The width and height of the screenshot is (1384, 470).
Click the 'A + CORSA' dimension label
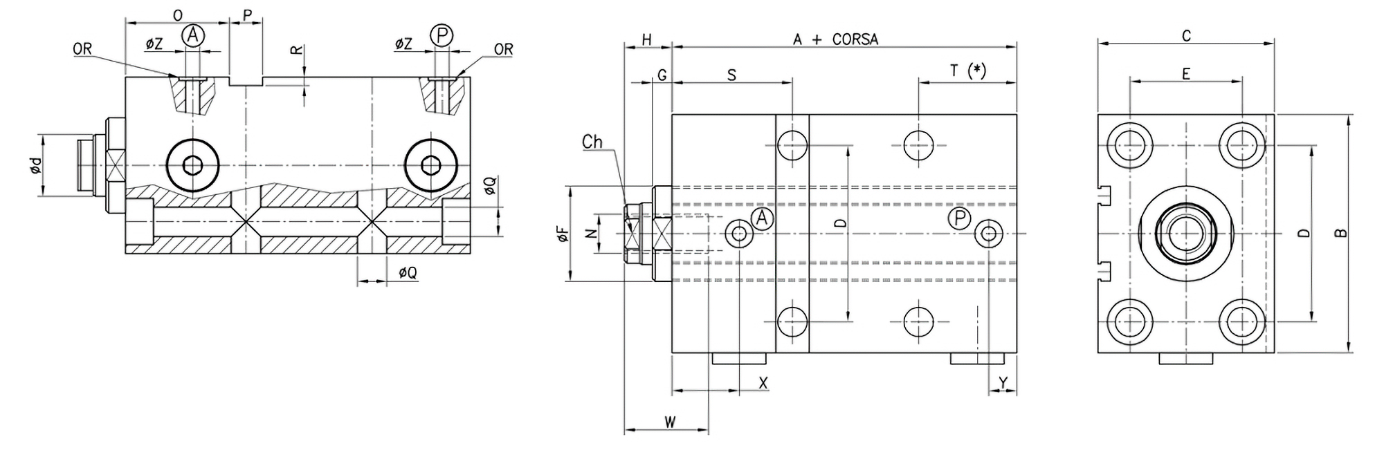[x=835, y=39]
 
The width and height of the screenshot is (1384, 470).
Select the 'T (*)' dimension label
[x=967, y=70]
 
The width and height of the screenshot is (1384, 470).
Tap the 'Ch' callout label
[x=592, y=142]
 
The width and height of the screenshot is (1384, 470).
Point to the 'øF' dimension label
[x=562, y=234]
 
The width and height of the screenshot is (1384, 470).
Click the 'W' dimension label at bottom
[x=670, y=421]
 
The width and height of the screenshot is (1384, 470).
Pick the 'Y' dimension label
[x=1003, y=382]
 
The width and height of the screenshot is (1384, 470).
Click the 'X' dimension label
[x=763, y=382]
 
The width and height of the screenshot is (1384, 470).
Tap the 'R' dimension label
[x=295, y=52]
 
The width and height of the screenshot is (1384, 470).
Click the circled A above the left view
[x=194, y=35]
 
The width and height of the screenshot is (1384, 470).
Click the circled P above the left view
[x=441, y=35]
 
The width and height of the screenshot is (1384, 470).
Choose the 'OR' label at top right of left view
[x=504, y=50]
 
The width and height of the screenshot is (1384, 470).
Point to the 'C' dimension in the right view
[x=1186, y=35]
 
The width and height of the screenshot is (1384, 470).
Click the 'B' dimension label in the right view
[x=1341, y=234]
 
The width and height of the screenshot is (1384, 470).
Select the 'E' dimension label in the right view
[x=1185, y=73]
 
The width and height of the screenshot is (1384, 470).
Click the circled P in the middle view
[x=959, y=219]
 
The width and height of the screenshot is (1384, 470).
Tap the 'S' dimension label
[x=731, y=75]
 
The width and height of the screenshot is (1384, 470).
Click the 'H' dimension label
[x=647, y=39]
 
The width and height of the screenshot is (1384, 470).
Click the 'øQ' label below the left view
[x=408, y=273]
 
